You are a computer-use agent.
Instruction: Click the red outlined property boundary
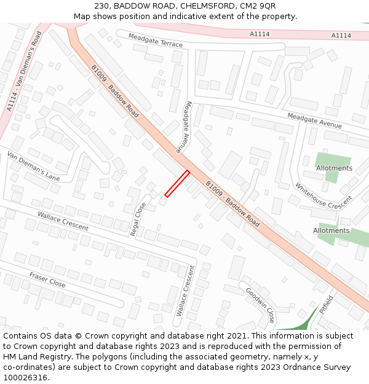(177, 184)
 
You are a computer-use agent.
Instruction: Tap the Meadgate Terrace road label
(156, 41)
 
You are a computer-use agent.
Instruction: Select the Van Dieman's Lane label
(33, 166)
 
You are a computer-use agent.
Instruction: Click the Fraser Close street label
(47, 280)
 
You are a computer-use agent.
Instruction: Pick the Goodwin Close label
(260, 305)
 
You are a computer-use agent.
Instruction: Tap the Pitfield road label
(327, 305)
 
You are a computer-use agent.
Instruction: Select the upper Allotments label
(334, 168)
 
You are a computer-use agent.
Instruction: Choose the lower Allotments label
(331, 230)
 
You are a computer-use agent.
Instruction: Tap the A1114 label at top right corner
(341, 36)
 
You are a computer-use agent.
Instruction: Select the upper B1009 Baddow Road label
(115, 92)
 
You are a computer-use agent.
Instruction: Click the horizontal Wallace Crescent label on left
(63, 221)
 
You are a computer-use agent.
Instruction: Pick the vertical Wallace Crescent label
(185, 291)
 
